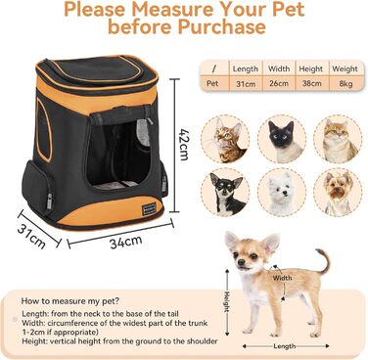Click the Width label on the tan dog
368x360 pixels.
coord(282,277)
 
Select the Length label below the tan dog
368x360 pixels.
coord(286,344)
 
